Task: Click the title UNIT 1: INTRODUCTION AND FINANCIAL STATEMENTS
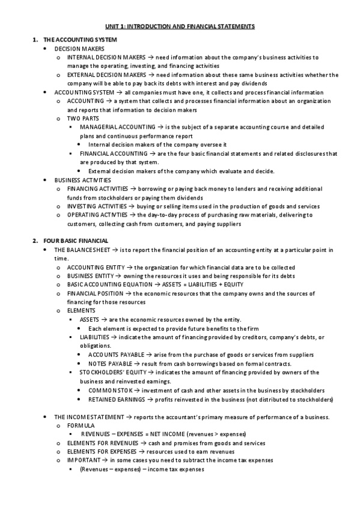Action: pos(180,27)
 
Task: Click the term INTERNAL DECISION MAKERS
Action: pos(103,57)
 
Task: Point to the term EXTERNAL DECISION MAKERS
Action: pos(103,75)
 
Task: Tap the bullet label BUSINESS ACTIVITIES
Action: pos(82,180)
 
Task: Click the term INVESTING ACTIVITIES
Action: pos(97,206)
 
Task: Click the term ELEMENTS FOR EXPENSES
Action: pos(102,451)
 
